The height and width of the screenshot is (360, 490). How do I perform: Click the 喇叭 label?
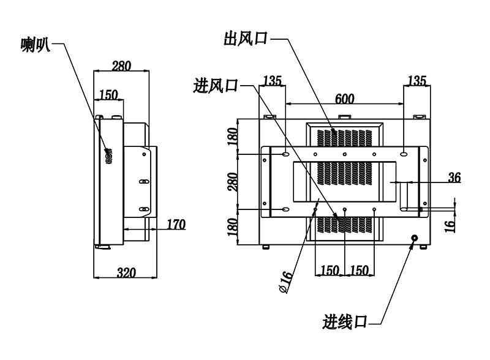[36, 45]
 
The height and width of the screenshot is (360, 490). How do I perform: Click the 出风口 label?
[246, 39]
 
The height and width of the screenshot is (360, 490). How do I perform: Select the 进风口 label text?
[216, 85]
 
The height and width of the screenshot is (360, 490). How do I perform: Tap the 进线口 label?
[345, 321]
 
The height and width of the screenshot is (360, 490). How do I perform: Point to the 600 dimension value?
[345, 99]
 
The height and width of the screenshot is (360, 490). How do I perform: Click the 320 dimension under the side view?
[127, 272]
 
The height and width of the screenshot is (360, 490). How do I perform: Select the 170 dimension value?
[176, 224]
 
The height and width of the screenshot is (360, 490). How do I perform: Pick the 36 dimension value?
[454, 178]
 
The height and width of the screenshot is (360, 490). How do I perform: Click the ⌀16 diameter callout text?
[285, 282]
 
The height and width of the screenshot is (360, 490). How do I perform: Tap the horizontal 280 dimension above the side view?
[121, 66]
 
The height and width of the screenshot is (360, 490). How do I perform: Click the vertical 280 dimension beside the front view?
[233, 182]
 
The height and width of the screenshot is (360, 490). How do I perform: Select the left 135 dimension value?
[273, 81]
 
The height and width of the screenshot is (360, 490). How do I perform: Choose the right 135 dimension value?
[417, 81]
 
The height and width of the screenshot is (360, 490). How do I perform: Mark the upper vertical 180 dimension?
[233, 137]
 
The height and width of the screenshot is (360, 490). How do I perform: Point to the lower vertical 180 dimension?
[233, 227]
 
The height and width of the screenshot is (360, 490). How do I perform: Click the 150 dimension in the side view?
[108, 94]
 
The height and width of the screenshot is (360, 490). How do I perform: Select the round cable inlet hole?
[415, 238]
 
